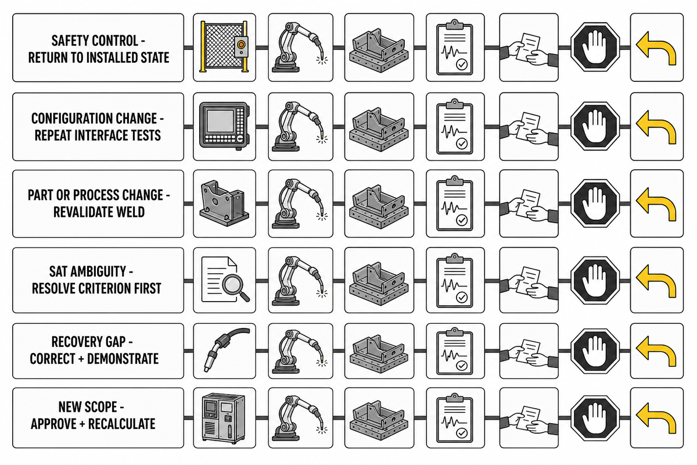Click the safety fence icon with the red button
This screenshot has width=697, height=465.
pos(224,46)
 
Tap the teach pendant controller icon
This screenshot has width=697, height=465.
pos(224,126)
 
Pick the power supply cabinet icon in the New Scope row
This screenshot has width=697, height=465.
pos(224,419)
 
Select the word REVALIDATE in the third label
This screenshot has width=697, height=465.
pos(81,212)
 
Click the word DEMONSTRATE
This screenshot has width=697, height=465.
pos(123,359)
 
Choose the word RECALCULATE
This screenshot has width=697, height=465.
pos(121,424)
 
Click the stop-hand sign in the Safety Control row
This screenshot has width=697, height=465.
pos(595,46)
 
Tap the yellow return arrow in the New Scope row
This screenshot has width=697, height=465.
pos(656,419)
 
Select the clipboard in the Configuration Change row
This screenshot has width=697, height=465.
pos(455,127)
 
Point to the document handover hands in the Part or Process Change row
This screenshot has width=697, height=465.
pos(529,205)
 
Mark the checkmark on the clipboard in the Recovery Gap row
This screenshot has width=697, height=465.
pos(462,366)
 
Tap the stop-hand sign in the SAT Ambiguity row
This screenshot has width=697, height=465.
pos(595,280)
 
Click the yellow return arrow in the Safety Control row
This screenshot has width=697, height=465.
pos(656,48)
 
